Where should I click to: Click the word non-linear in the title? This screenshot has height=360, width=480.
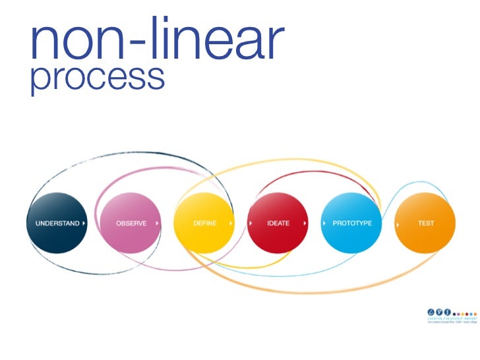[x=156, y=39]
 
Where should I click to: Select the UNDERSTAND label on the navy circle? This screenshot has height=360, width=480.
[x=57, y=224]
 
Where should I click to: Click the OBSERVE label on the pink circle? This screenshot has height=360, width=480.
[x=131, y=224]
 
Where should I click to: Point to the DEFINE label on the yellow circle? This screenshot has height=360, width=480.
[x=205, y=224]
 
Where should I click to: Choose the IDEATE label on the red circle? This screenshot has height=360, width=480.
[x=278, y=224]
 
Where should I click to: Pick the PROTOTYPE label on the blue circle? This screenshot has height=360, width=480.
[x=352, y=224]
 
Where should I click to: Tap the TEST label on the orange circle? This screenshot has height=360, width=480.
[x=426, y=224]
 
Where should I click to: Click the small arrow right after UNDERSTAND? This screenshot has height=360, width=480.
[x=84, y=224]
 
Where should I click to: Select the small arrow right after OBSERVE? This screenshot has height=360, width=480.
[x=157, y=224]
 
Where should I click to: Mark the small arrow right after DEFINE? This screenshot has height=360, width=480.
[x=231, y=224]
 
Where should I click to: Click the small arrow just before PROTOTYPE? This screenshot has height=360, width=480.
[x=324, y=224]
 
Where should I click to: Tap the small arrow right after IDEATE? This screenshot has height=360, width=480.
[x=305, y=224]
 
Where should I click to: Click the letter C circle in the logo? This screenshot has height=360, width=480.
[x=431, y=312]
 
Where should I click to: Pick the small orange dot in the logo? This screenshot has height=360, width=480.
[x=475, y=314]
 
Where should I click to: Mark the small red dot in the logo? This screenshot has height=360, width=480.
[x=467, y=314]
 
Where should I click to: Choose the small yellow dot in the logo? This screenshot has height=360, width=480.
[x=463, y=314]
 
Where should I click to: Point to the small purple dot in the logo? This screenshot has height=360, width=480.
[x=458, y=314]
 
